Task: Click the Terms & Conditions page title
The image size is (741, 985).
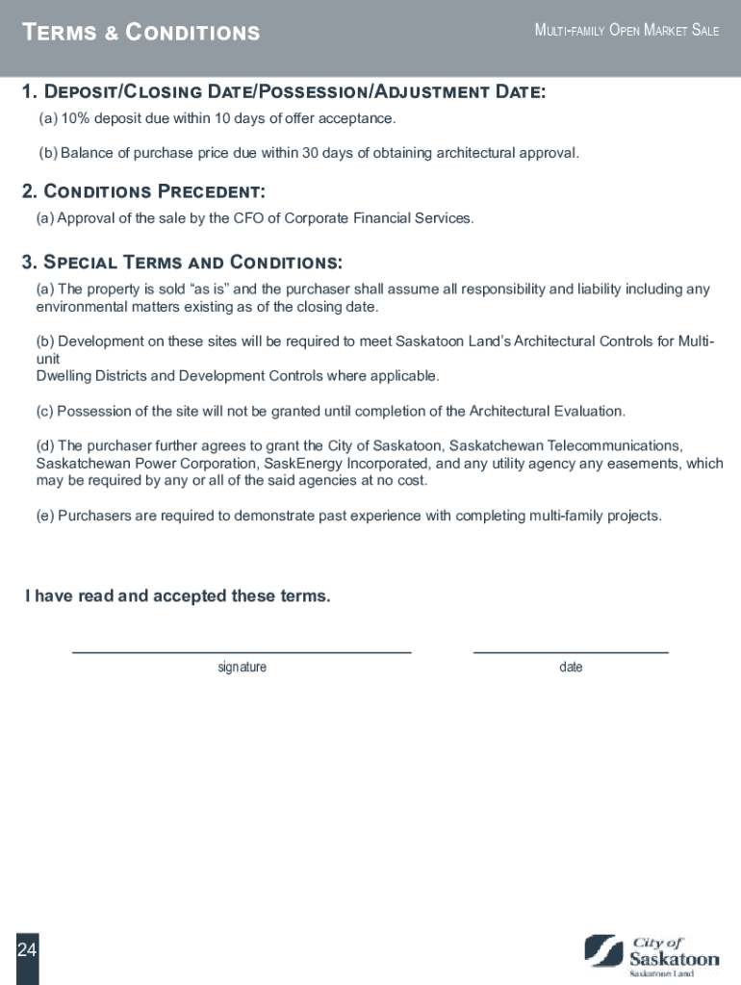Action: [x=141, y=33]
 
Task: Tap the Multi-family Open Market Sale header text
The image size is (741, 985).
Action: [x=626, y=31]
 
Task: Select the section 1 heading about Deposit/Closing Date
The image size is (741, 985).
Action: [x=284, y=91]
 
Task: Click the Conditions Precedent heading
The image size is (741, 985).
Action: [x=143, y=191]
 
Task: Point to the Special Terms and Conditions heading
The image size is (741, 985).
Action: [x=182, y=263]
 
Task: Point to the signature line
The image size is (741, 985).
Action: [x=242, y=652]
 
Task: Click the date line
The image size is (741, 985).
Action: [x=571, y=652]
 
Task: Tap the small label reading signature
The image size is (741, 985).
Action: [x=242, y=668]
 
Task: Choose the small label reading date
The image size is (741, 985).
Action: [x=571, y=668]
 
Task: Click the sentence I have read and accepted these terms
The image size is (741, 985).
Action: [x=177, y=596]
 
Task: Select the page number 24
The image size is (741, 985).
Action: [x=26, y=950]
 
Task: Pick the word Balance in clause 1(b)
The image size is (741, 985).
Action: [x=85, y=153]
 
